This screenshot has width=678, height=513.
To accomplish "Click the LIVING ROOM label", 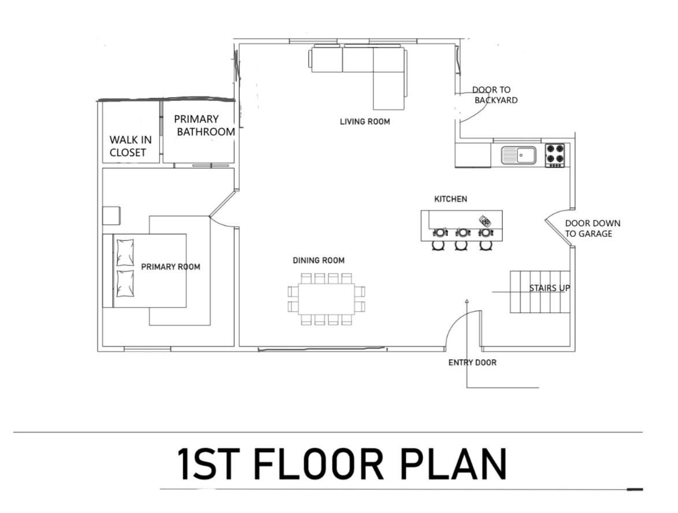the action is [x=365, y=121].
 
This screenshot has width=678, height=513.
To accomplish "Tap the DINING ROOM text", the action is [x=318, y=260].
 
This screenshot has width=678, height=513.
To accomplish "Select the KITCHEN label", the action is [x=451, y=199].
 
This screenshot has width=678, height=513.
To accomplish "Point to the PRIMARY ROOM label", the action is [x=171, y=267].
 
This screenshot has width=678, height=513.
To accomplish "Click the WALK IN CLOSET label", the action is [x=131, y=146].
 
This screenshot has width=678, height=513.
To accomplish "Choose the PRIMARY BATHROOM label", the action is [x=205, y=126].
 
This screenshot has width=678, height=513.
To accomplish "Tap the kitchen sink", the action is [x=519, y=155].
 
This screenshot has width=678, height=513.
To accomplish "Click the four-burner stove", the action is [x=555, y=155].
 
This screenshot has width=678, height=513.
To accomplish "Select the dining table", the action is [x=327, y=299].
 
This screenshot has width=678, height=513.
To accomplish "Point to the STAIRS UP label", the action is [x=550, y=288].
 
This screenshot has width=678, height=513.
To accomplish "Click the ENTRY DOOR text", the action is [x=472, y=363].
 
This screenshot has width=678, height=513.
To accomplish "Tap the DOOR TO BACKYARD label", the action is [x=495, y=95].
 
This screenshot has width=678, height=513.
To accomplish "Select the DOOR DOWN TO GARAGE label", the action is [x=592, y=228].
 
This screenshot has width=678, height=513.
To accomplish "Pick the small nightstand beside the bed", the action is [x=111, y=215].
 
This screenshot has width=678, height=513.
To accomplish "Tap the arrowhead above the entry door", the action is [x=466, y=301].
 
